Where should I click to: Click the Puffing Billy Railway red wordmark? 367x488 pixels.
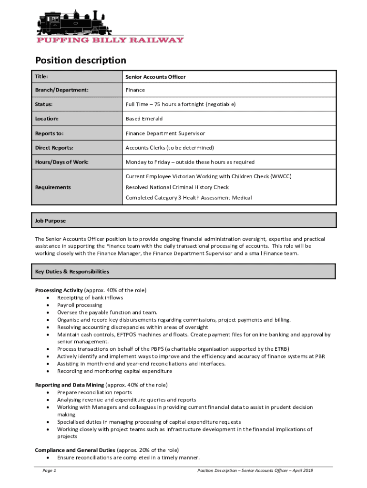pos(110,40)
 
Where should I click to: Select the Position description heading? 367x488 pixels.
pos(81,61)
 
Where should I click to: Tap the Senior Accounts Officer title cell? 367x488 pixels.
pos(155,77)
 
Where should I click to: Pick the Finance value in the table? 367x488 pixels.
pos(135,90)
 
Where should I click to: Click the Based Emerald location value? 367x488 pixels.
pos(144,119)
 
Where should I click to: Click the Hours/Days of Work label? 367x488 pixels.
pos(61,162)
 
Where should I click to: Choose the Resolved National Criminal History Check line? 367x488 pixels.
pos(177,187)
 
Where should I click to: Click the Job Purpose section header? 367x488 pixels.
pos(51,221)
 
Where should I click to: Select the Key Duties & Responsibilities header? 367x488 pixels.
pos(72,272)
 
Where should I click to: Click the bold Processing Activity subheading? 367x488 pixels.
pos(59,290)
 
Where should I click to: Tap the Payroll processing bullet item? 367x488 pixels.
pos(80,305)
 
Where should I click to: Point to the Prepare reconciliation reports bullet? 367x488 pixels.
pos(94,392)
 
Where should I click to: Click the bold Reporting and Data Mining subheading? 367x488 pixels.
pos(69,385)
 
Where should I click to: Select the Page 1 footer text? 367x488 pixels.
pos(50,471)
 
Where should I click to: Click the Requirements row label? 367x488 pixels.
pos(53,187)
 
